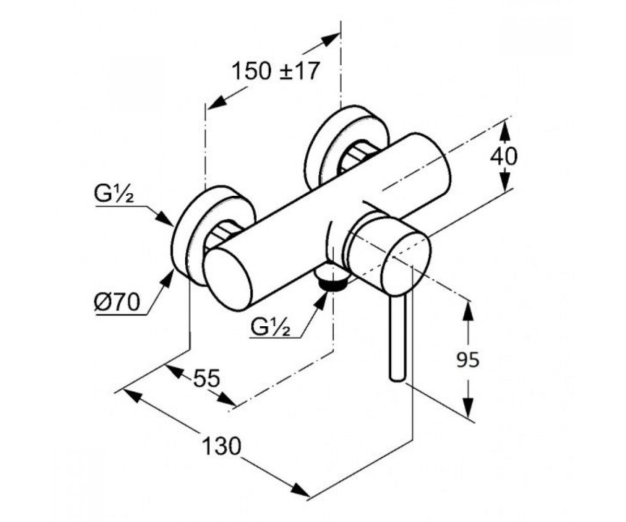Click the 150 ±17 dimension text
point(275,71)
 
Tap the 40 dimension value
point(504,157)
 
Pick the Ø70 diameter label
point(117,302)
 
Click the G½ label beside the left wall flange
point(114,194)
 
